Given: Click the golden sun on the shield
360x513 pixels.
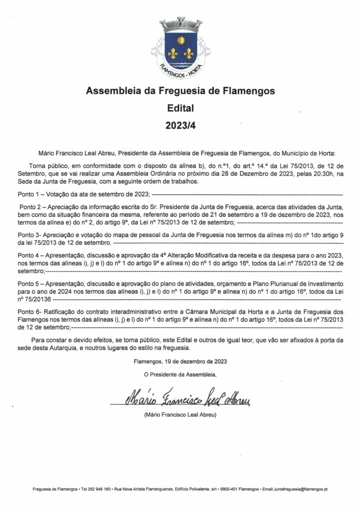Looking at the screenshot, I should [181, 39].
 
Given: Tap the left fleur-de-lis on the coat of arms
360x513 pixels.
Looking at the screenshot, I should [173, 53].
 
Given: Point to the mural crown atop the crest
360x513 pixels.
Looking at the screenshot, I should [181, 24].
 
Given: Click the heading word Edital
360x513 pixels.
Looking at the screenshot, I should [180, 108].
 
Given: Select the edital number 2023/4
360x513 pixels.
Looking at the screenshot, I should [180, 125].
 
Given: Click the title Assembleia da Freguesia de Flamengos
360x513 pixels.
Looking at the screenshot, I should [180, 92].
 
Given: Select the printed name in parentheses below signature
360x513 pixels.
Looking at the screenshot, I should [180, 415].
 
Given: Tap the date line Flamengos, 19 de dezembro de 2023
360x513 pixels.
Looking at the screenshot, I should [180, 361].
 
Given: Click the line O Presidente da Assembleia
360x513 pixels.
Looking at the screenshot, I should [180, 374].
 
